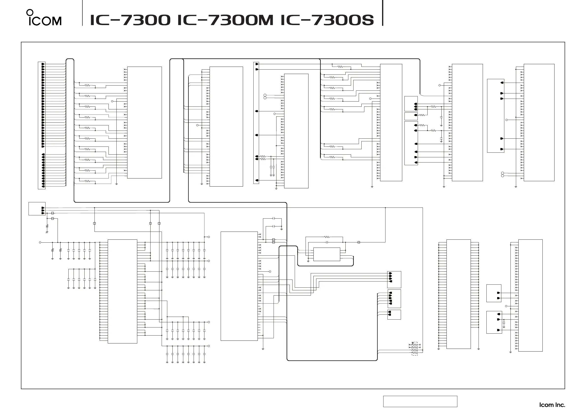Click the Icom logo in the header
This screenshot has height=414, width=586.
click(44, 18)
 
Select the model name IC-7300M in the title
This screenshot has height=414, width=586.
click(225, 20)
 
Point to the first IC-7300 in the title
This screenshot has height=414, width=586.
click(130, 20)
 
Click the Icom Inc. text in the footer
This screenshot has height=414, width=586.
click(552, 405)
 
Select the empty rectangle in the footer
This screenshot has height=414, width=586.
click(420, 401)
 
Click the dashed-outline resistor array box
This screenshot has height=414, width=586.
click(415, 349)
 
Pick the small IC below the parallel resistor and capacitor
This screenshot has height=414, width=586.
click(327, 254)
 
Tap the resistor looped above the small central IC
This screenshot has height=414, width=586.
click(327, 237)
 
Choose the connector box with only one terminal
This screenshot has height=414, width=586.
click(411, 116)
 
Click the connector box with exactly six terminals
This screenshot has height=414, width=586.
click(411, 143)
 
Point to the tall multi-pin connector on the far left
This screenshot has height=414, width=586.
click(42, 125)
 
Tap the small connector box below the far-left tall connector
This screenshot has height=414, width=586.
click(37, 209)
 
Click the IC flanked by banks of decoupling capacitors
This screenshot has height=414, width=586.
click(123, 291)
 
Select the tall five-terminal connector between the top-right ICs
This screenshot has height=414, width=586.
click(496, 116)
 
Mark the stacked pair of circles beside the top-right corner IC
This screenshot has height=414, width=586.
click(503, 175)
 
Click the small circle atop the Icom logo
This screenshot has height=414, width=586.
click(30, 12)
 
